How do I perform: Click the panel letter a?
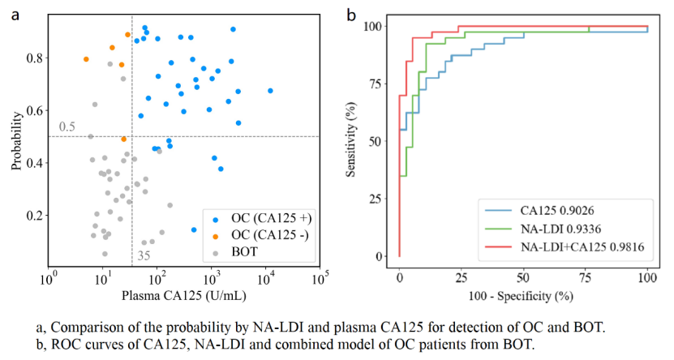[x=15, y=15]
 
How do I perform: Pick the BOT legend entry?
[x=244, y=252]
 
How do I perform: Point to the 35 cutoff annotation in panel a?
[x=143, y=256]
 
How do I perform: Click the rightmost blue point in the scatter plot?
[x=270, y=91]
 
